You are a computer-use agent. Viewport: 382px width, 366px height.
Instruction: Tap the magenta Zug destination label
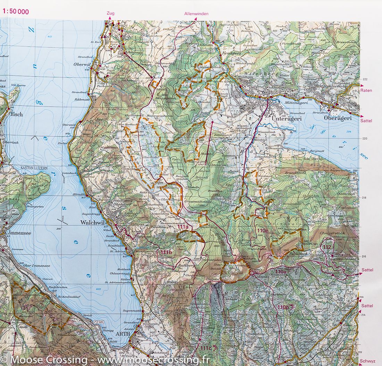111,14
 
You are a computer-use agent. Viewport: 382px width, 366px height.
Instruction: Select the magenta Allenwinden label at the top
196,14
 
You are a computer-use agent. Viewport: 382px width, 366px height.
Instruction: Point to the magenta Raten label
366,91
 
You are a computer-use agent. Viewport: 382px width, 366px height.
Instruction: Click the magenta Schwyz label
368,361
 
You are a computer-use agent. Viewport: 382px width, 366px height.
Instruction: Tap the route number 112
327,247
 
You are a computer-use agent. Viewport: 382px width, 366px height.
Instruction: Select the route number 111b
166,252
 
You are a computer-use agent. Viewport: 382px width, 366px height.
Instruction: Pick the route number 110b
283,307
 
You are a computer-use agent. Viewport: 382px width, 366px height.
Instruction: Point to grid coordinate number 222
365,79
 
